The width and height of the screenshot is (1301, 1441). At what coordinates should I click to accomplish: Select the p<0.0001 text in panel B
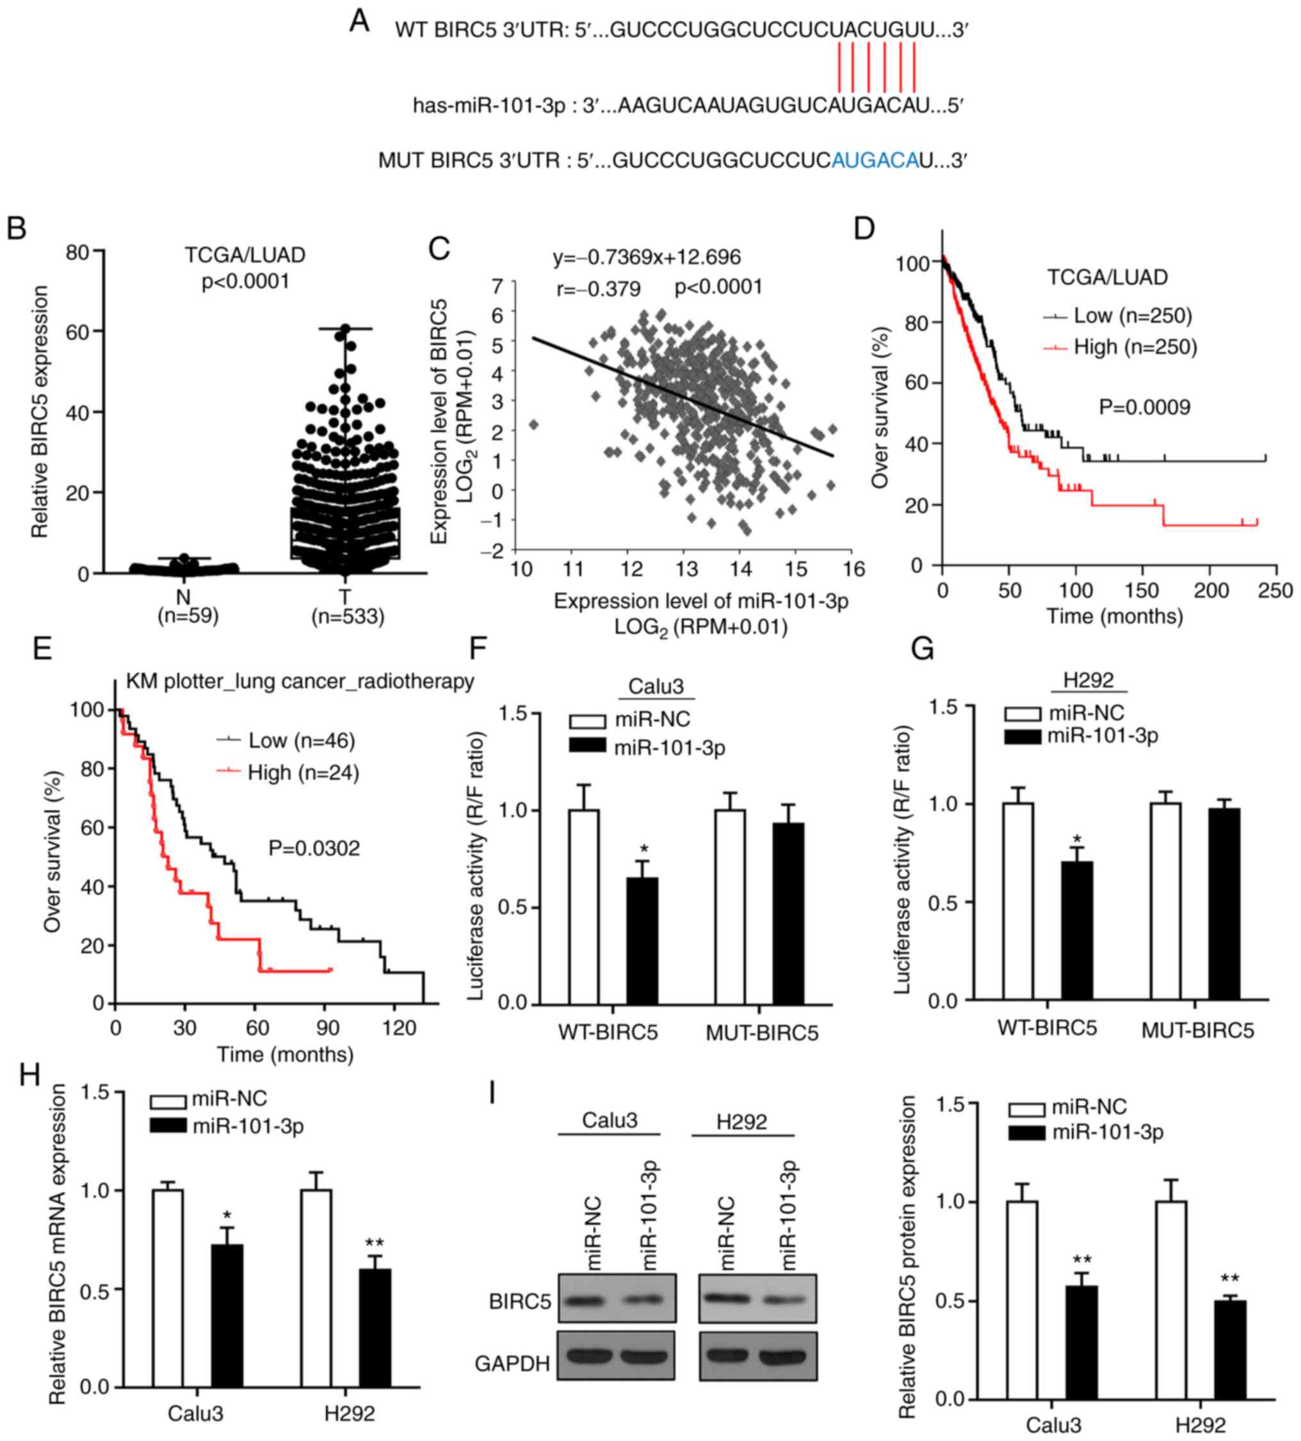click(x=245, y=282)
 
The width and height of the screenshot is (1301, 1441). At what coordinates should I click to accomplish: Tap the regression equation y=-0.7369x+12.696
click(x=646, y=257)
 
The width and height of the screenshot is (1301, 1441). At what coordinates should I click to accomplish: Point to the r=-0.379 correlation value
click(x=598, y=289)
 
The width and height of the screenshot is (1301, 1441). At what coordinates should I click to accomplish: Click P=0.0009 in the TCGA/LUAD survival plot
click(x=1144, y=407)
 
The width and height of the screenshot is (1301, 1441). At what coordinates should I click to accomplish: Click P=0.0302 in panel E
click(x=314, y=848)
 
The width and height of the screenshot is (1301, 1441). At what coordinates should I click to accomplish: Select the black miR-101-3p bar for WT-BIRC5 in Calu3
click(x=642, y=940)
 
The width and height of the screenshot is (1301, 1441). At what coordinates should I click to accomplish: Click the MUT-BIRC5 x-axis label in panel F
click(x=762, y=1033)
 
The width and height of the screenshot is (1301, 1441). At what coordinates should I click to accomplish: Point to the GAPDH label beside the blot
click(x=512, y=1364)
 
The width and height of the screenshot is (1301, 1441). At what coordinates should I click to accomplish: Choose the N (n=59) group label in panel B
click(x=188, y=606)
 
